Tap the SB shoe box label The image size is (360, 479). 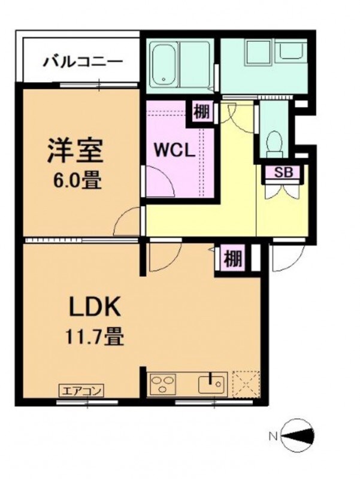click(x=282, y=172)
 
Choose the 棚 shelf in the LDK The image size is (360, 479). click(x=233, y=259)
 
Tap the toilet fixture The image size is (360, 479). click(x=275, y=141)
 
